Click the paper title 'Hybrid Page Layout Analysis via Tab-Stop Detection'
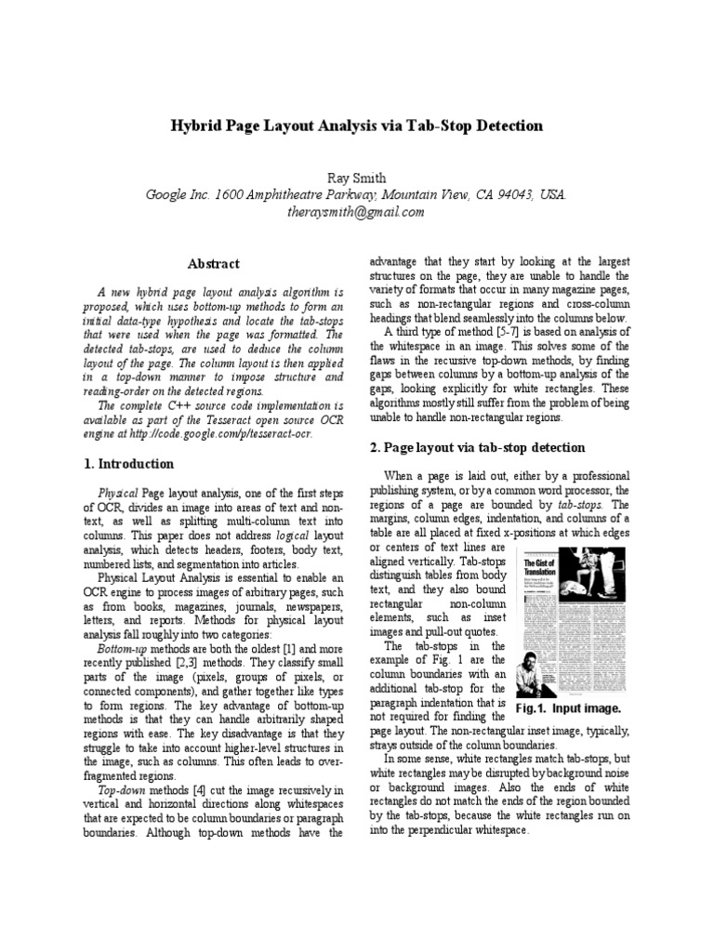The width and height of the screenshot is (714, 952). click(356, 125)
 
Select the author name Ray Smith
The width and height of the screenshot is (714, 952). click(356, 177)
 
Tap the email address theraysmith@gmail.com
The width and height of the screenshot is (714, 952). click(356, 211)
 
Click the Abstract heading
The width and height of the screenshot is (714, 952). click(214, 264)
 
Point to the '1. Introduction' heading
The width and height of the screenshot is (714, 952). click(129, 464)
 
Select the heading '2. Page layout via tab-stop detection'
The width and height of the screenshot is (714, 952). click(477, 448)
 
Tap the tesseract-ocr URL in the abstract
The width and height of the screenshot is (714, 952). click(233, 433)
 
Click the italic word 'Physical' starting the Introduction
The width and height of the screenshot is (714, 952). click(118, 491)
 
